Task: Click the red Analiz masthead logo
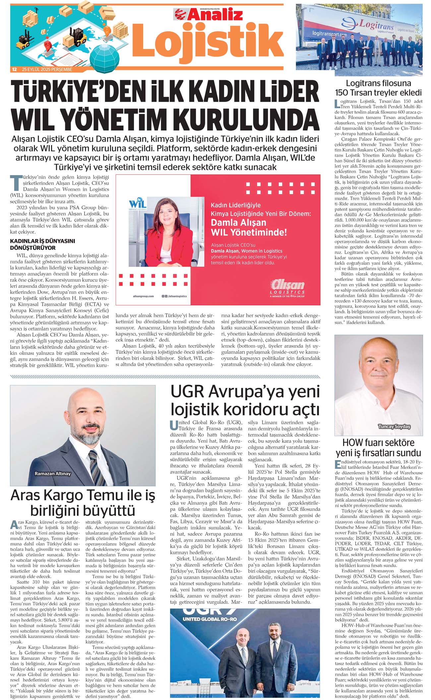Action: click(209, 15)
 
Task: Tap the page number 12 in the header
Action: click(14, 70)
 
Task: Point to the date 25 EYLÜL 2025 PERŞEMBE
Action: click(47, 70)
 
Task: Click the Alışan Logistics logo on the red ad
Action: click(287, 288)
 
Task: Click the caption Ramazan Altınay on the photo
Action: click(53, 473)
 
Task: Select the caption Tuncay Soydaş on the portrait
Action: click(394, 426)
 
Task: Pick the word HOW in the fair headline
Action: click(354, 443)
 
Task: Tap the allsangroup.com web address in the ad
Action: click(143, 296)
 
